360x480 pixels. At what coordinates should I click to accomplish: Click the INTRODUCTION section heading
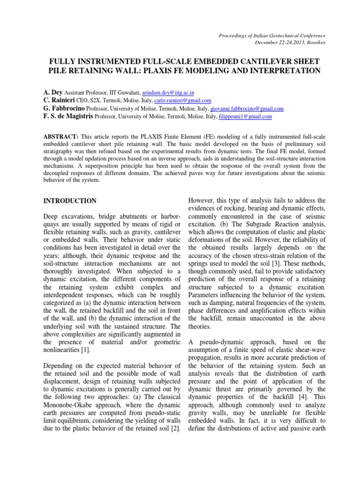70,201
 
